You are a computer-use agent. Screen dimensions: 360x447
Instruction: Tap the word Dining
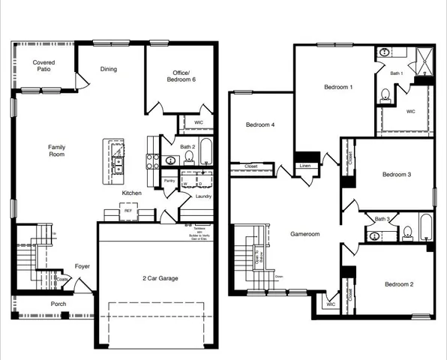[109, 70]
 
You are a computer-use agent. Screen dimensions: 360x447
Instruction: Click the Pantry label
[169, 181]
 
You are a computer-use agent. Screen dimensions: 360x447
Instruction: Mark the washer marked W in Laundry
[184, 183]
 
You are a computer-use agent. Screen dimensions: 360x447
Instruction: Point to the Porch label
[58, 304]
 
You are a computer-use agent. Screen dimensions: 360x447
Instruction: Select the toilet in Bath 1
[385, 94]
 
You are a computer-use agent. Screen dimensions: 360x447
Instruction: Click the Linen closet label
[304, 166]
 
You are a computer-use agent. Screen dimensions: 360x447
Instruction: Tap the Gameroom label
[305, 234]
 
